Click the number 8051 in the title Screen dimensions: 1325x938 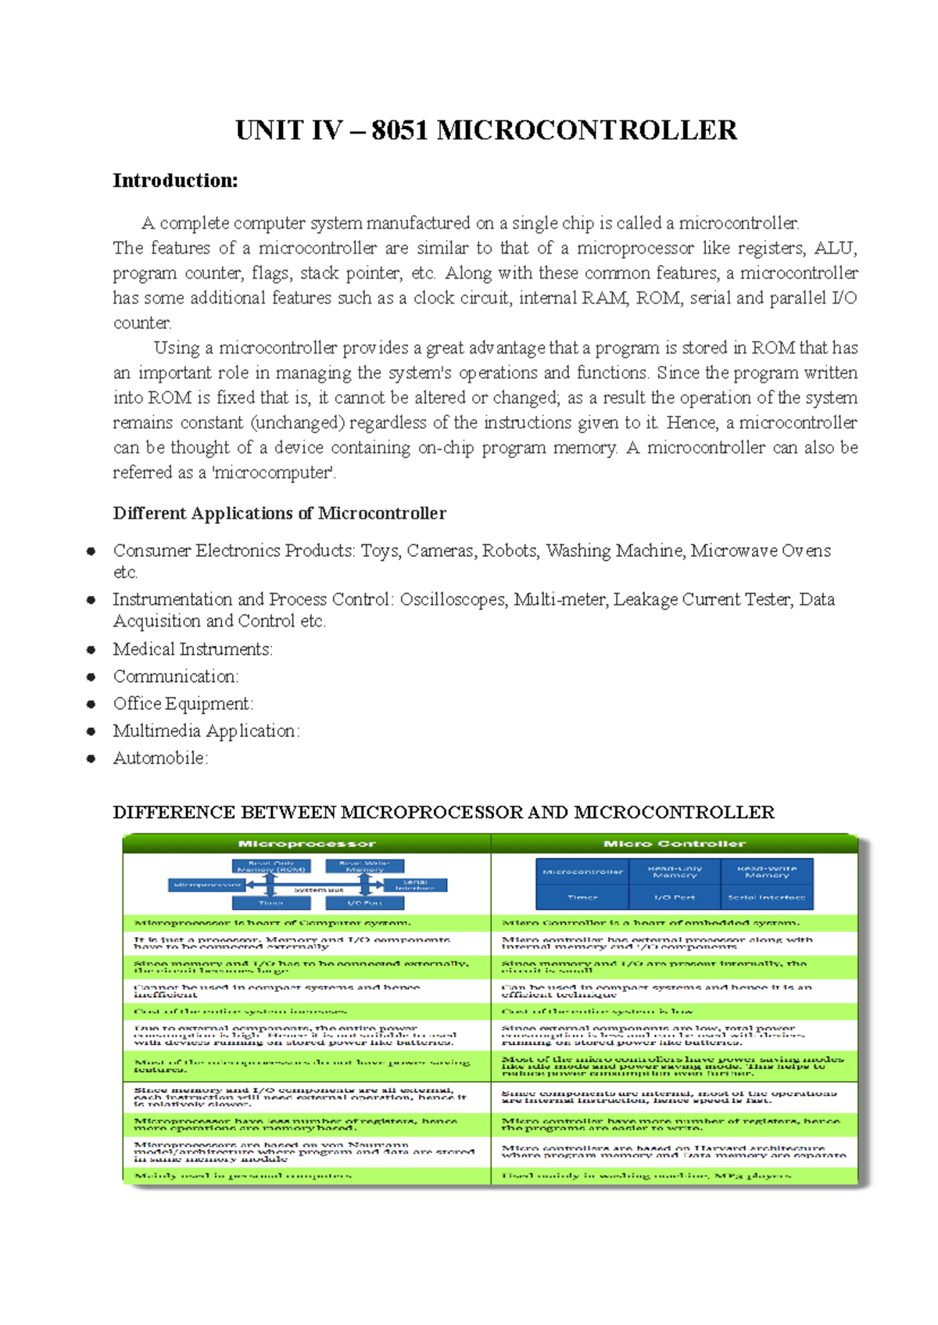400,130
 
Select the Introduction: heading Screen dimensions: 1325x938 175,181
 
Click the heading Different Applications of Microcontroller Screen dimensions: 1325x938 279,513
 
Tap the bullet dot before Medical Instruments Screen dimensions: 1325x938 91,649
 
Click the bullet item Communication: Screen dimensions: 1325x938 176,676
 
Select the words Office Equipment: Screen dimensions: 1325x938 183,703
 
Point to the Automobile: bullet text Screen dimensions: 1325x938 160,758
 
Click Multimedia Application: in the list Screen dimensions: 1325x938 206,731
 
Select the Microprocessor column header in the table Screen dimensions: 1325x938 306,843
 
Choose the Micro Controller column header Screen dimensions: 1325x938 674,843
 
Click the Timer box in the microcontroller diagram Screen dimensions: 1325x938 582,897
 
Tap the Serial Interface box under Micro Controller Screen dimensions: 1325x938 767,897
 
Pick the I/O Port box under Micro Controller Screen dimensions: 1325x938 675,897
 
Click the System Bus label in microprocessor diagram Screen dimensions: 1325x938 318,889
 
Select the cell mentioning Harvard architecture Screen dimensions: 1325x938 674,1151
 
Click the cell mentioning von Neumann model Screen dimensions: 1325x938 305,1151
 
